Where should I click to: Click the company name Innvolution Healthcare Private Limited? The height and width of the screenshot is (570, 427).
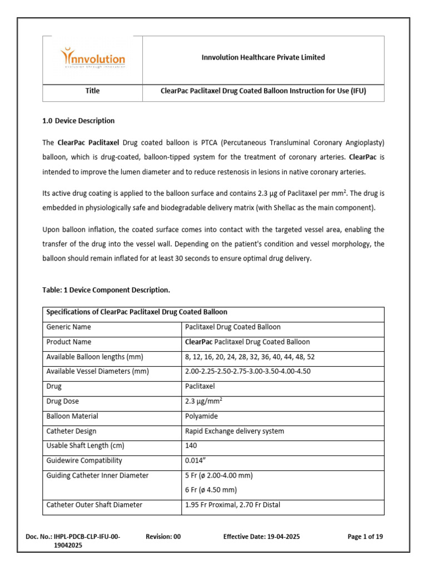(x=263, y=57)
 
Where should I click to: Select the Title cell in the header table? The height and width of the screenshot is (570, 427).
(x=93, y=91)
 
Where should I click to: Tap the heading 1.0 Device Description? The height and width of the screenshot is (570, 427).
(x=79, y=121)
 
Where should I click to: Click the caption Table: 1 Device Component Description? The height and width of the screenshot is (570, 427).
(x=106, y=290)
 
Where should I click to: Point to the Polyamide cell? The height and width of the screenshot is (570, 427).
(x=201, y=416)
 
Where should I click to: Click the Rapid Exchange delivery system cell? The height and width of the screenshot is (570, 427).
(x=234, y=431)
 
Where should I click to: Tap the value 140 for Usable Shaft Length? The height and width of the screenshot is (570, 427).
(x=191, y=446)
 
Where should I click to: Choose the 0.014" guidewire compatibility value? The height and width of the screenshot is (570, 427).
(x=194, y=460)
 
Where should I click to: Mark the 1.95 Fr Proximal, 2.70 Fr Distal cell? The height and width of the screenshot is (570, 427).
(x=232, y=505)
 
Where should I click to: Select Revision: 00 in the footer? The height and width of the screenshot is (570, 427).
(x=163, y=537)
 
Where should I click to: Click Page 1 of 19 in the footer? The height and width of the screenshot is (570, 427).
(x=365, y=537)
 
